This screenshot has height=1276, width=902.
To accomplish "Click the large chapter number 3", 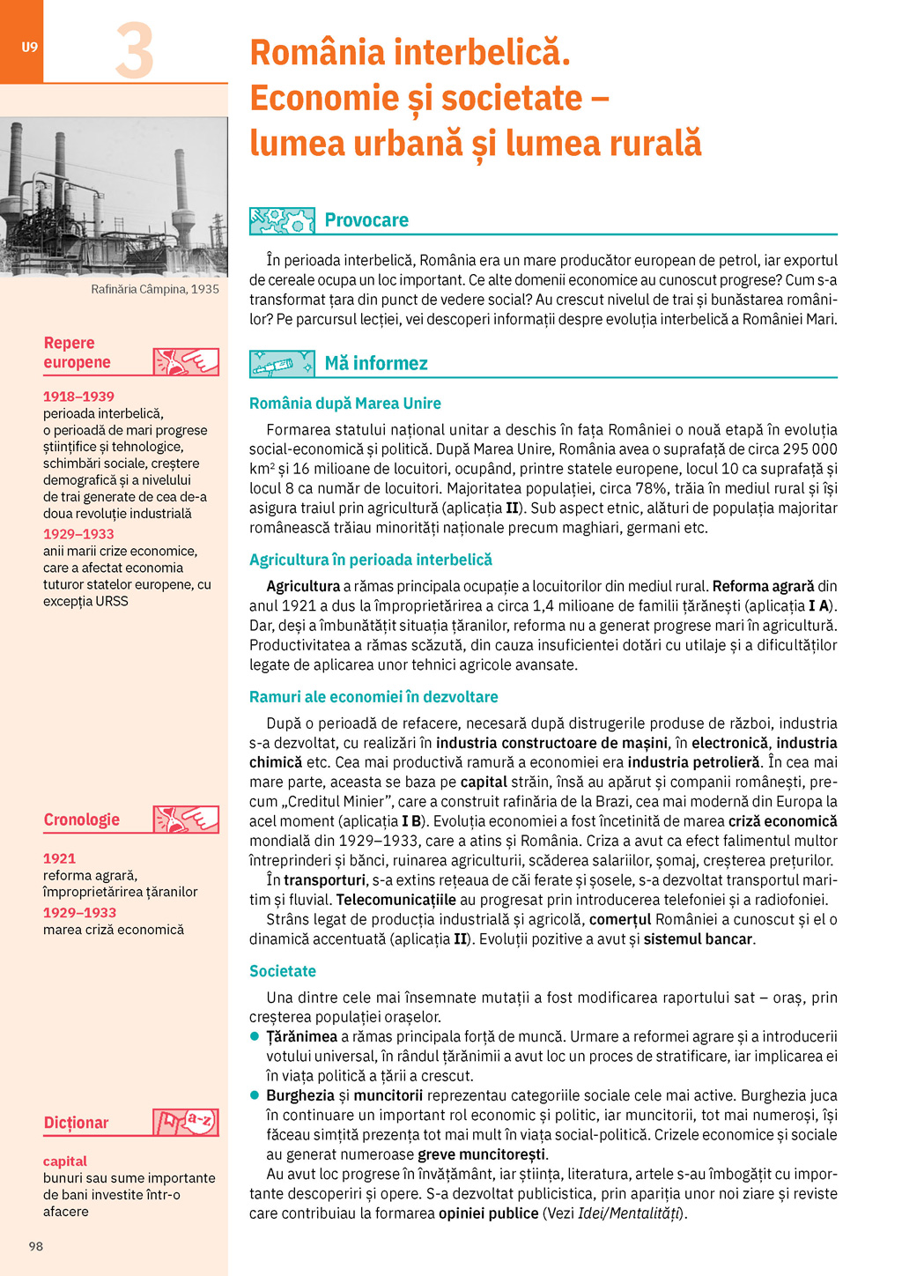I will pyautogui.click(x=135, y=51).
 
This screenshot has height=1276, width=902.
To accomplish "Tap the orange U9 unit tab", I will pyautogui.click(x=29, y=47).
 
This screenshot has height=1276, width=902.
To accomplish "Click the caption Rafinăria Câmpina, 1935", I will pyautogui.click(x=155, y=289).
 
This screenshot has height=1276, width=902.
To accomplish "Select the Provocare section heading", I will pyautogui.click(x=366, y=220).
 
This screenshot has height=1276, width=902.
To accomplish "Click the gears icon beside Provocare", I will pyautogui.click(x=282, y=220).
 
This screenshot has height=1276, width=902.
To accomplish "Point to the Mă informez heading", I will pyautogui.click(x=376, y=363).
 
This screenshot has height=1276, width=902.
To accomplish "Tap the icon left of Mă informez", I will pyautogui.click(x=282, y=363).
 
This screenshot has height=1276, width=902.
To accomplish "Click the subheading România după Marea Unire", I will pyautogui.click(x=345, y=404).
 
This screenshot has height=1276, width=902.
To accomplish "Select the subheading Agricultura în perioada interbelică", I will pyautogui.click(x=371, y=560).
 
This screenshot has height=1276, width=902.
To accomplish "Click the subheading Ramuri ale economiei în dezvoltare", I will pyautogui.click(x=373, y=697).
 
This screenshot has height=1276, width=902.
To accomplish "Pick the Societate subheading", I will pyautogui.click(x=283, y=971).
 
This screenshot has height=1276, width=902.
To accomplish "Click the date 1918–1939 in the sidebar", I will pyautogui.click(x=78, y=397).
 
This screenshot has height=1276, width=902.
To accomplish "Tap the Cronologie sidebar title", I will pyautogui.click(x=82, y=820).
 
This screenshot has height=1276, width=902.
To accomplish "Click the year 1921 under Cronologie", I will pyautogui.click(x=59, y=858).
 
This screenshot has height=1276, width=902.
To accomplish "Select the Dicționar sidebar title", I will pyautogui.click(x=77, y=1123).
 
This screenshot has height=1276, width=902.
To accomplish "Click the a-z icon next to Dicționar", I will pyautogui.click(x=186, y=1122).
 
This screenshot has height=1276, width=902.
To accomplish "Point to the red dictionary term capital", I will pyautogui.click(x=65, y=1161).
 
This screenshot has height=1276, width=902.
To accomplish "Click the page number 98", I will pyautogui.click(x=36, y=1246).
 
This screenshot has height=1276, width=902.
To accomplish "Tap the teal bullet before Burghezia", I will pyautogui.click(x=255, y=1095).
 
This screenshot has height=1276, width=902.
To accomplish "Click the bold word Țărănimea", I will pyautogui.click(x=301, y=1037).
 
